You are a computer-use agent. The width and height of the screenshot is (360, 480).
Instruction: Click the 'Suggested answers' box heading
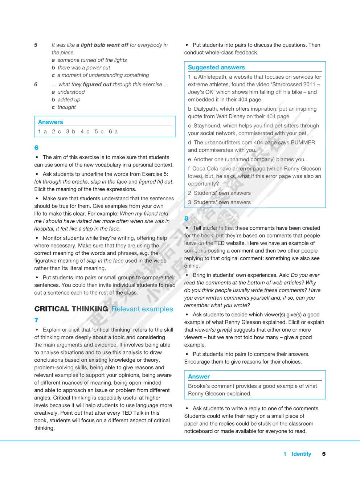click(216, 67)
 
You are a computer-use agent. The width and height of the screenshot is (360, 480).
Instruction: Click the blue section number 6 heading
click(36, 148)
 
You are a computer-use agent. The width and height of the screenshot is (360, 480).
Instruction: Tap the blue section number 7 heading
click(36, 320)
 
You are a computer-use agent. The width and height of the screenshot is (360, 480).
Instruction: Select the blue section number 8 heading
click(187, 218)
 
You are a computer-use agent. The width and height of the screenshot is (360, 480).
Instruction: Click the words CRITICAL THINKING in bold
click(71, 309)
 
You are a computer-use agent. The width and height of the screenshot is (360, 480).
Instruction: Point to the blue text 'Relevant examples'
click(142, 309)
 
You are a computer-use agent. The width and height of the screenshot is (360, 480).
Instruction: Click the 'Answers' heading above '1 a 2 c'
click(50, 122)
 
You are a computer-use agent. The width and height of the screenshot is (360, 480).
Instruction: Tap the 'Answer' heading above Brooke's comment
click(199, 377)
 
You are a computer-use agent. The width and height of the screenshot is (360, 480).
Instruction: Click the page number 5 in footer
click(324, 454)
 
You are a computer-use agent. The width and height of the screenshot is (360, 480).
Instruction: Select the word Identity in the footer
click(301, 454)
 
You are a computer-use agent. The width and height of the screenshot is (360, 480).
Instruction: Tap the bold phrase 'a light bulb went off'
click(102, 45)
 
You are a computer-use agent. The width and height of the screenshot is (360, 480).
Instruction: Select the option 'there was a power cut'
click(84, 67)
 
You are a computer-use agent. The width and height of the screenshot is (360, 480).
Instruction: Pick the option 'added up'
click(69, 99)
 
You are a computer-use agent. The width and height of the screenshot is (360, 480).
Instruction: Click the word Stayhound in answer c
click(207, 126)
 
